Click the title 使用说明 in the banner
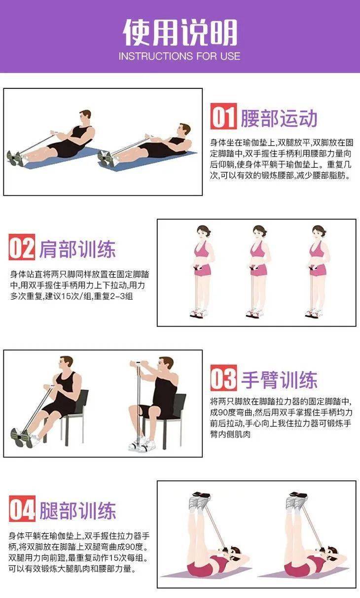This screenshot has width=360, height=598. tap(180, 32)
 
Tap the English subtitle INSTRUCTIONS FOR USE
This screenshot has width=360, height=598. tap(180, 56)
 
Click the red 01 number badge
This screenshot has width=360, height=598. tap(223, 116)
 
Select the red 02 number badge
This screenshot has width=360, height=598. tap(22, 247)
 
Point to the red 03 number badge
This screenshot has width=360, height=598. tap(223, 377)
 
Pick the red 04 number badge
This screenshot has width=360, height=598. tap(22, 509)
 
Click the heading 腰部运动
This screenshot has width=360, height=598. tap(279, 118)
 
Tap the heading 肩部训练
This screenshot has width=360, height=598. tap(77, 249)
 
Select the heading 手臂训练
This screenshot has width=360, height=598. tap(279, 379)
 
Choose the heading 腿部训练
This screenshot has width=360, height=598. tap(77, 511)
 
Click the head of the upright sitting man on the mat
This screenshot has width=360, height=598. tap(85, 117)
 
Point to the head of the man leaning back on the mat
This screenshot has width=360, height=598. tap(184, 130)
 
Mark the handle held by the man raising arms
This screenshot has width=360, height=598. tap(138, 363)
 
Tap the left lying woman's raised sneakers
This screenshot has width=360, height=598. tap(200, 500)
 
